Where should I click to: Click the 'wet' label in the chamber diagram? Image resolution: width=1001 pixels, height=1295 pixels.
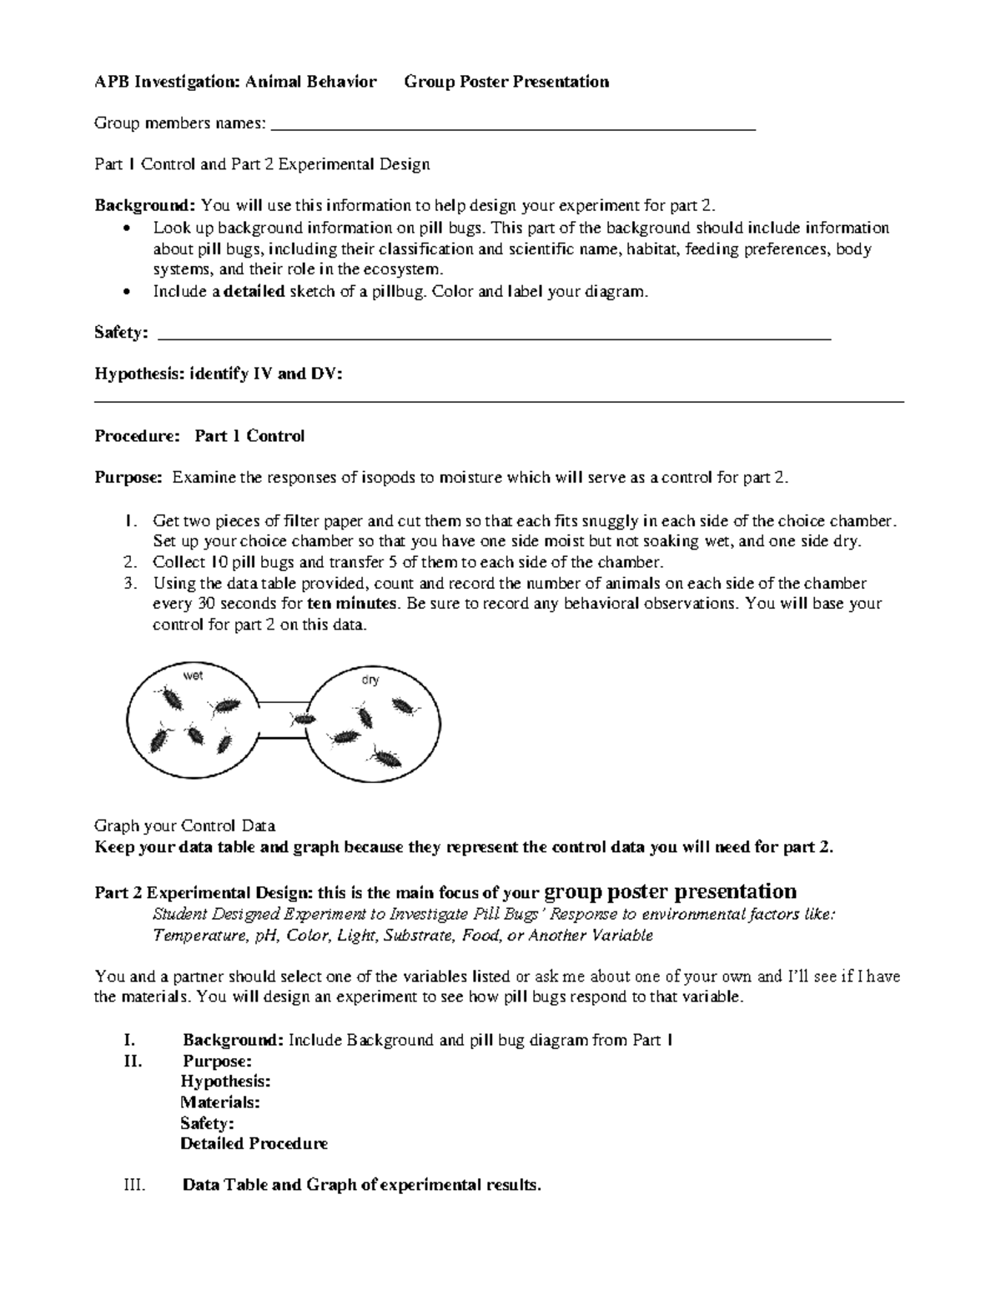[x=193, y=675]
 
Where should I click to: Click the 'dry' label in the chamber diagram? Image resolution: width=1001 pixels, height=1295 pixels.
[x=370, y=680]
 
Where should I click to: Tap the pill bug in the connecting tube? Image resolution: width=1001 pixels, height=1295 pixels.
[x=302, y=717]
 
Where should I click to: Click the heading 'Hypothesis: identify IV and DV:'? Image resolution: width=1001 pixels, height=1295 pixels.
[x=219, y=374]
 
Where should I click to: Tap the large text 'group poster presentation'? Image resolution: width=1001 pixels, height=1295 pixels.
[x=670, y=891]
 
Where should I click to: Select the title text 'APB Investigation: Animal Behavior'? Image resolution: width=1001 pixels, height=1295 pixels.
[x=235, y=82]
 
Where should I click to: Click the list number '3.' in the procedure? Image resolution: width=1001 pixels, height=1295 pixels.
[x=129, y=583]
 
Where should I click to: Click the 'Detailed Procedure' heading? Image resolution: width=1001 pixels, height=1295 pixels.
[x=254, y=1144]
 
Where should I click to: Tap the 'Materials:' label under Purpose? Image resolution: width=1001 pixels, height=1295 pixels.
[x=220, y=1102]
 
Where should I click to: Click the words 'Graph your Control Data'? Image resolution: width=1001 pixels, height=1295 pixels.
[x=185, y=826]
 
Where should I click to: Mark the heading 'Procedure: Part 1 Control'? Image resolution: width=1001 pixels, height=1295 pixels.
[x=199, y=436]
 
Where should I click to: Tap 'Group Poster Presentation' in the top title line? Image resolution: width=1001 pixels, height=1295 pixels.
[x=506, y=82]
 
